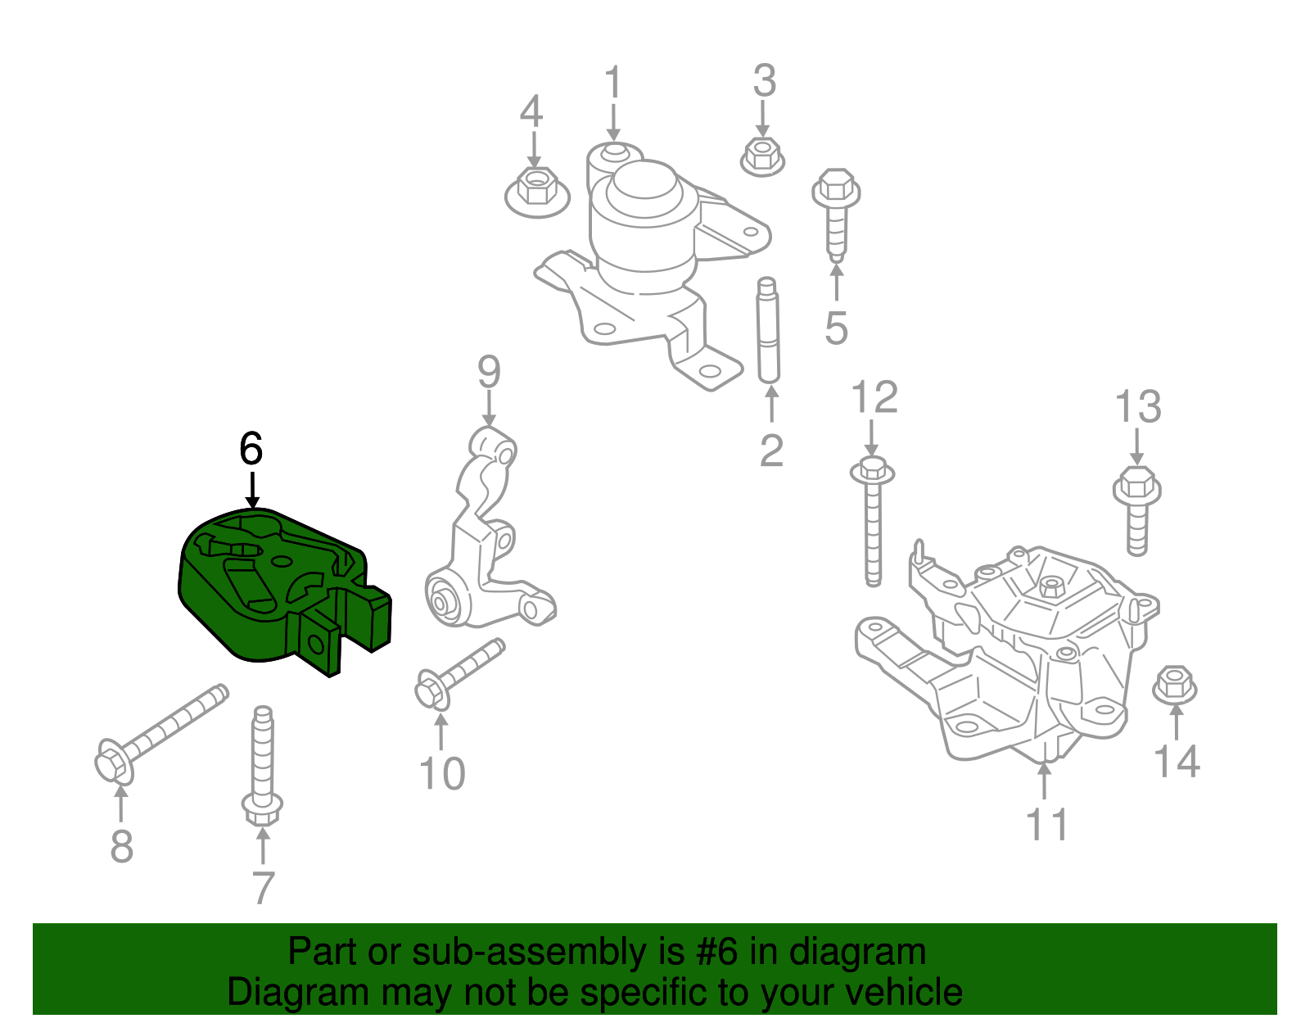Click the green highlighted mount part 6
click(x=270, y=590)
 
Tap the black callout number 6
click(x=251, y=449)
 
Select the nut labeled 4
click(x=536, y=190)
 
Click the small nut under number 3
click(x=762, y=156)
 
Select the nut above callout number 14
click(x=1174, y=685)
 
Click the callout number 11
click(x=1047, y=824)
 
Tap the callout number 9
click(x=489, y=373)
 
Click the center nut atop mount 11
click(x=1050, y=586)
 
